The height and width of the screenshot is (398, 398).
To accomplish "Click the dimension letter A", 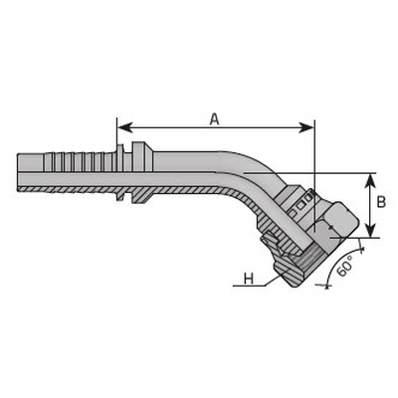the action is [215, 119].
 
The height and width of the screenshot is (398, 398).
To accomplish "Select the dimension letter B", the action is [382, 202].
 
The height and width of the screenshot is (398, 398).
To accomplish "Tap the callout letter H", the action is [249, 279].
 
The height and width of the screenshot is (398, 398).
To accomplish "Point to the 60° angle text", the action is [344, 268].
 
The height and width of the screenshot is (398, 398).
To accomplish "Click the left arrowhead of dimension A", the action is [125, 127].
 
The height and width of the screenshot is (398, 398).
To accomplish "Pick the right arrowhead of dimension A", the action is [305, 127].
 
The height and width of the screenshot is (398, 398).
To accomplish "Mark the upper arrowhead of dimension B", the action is [370, 181].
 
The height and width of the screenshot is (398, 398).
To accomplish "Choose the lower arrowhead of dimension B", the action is [370, 230].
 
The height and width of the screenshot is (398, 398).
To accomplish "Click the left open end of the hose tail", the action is [18, 172].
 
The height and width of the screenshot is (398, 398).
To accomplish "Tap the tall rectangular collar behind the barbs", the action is [138, 172].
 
